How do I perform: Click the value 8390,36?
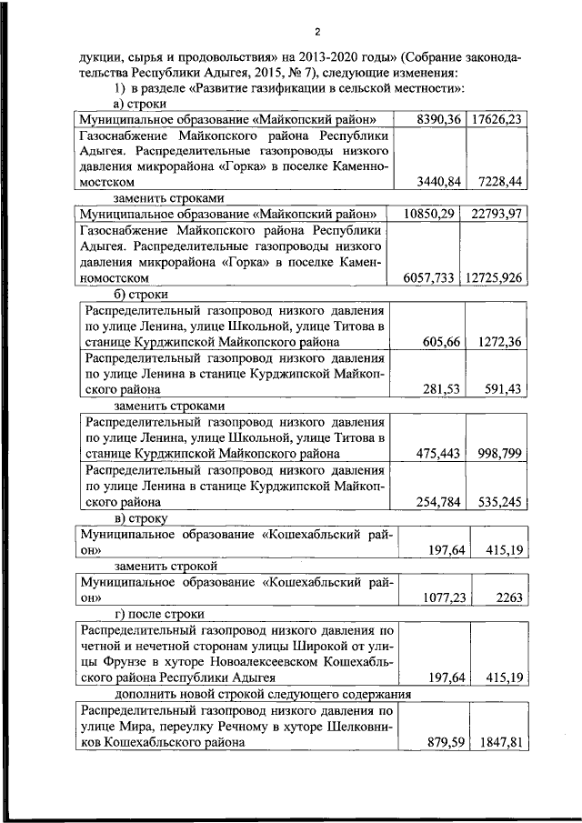(x=439, y=118)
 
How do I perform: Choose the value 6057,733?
(x=426, y=276)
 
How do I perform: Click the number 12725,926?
(x=493, y=276)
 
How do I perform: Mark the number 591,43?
(x=500, y=388)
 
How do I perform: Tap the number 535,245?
(x=497, y=499)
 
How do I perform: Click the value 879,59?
(x=446, y=742)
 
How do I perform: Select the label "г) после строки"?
(x=159, y=614)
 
